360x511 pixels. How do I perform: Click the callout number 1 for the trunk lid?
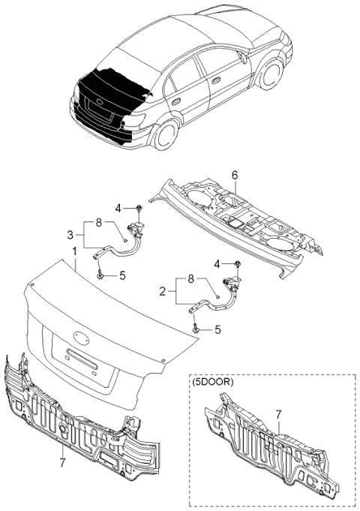tap(74, 249)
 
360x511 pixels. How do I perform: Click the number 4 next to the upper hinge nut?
tap(118, 208)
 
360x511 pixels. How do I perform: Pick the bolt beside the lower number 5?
tap(196, 328)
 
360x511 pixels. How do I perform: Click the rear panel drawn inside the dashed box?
tap(270, 450)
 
